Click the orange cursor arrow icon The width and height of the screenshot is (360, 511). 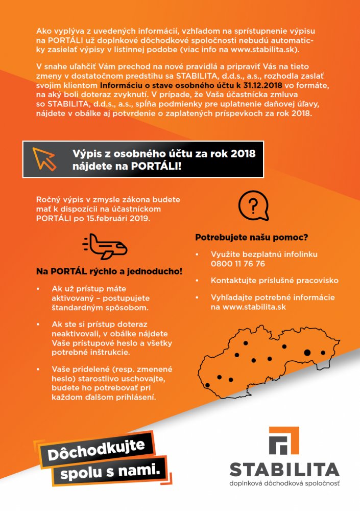tap(44, 158)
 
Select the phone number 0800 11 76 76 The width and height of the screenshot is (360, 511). tap(237, 264)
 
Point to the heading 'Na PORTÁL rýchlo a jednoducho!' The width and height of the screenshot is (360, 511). tap(109, 270)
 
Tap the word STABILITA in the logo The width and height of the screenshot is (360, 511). tap(284, 469)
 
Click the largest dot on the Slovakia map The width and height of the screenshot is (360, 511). tap(307, 352)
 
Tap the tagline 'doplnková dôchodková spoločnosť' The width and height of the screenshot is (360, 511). tap(284, 483)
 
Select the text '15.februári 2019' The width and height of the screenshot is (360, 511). tap(127, 218)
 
